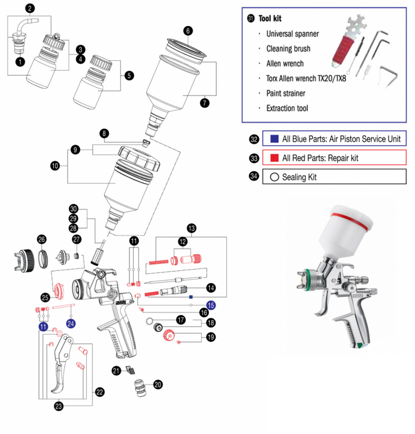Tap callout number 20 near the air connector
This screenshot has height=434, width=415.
158,384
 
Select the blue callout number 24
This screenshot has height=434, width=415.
71,324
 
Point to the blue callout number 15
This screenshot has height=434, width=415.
211,305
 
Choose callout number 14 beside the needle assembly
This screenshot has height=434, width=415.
211,288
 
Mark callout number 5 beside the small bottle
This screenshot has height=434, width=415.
129,76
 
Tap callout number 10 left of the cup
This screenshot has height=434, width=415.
55,166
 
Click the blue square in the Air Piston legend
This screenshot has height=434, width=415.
274,139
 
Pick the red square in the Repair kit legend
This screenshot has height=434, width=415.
274,158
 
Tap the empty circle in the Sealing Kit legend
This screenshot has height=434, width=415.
274,177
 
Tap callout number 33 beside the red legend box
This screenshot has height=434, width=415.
253,158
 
